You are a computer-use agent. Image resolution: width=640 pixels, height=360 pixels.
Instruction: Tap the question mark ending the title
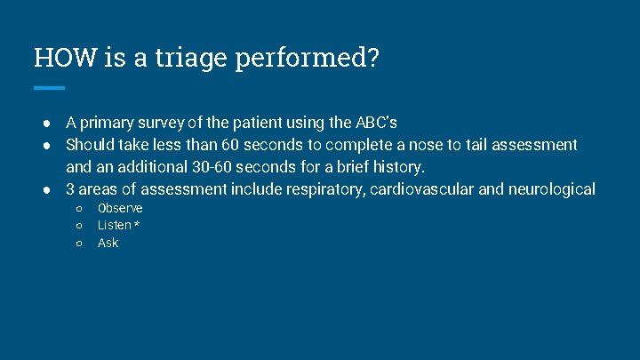(x=372, y=58)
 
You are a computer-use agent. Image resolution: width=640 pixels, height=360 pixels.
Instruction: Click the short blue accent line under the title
(x=49, y=88)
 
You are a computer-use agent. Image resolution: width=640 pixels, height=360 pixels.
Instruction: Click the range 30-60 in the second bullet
(x=212, y=166)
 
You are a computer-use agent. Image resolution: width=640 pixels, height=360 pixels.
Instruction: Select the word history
(x=399, y=166)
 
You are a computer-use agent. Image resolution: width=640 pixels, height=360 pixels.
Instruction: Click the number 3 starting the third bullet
(x=71, y=188)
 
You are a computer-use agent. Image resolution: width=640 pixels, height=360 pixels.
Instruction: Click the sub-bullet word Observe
(x=120, y=208)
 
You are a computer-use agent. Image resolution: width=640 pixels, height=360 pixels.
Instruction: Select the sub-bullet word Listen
(x=115, y=225)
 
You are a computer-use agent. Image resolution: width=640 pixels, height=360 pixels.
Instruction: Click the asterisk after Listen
(x=137, y=225)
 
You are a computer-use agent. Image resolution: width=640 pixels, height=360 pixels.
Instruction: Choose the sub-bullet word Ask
(x=108, y=243)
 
